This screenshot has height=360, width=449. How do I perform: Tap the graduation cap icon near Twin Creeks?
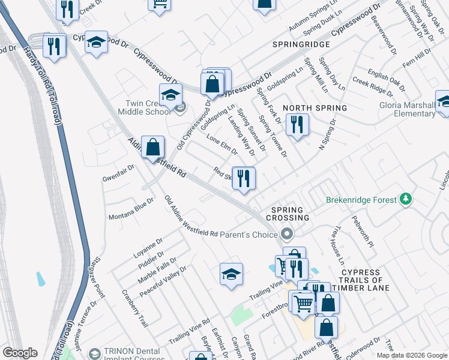point(170,95)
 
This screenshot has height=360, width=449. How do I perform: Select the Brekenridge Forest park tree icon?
point(406,199)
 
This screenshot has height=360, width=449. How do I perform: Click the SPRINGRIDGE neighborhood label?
point(301,45)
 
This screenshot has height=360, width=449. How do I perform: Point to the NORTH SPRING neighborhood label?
point(315,108)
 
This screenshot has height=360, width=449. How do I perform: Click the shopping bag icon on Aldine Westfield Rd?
point(153,146)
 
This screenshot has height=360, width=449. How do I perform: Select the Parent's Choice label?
point(250,235)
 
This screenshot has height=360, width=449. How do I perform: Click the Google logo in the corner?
point(20,353)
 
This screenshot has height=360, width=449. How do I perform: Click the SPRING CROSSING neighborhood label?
point(290,214)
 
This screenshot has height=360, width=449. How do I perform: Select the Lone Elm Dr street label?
point(218,146)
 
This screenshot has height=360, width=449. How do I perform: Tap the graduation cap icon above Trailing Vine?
point(231,274)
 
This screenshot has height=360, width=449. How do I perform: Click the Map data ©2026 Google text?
point(411,355)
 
